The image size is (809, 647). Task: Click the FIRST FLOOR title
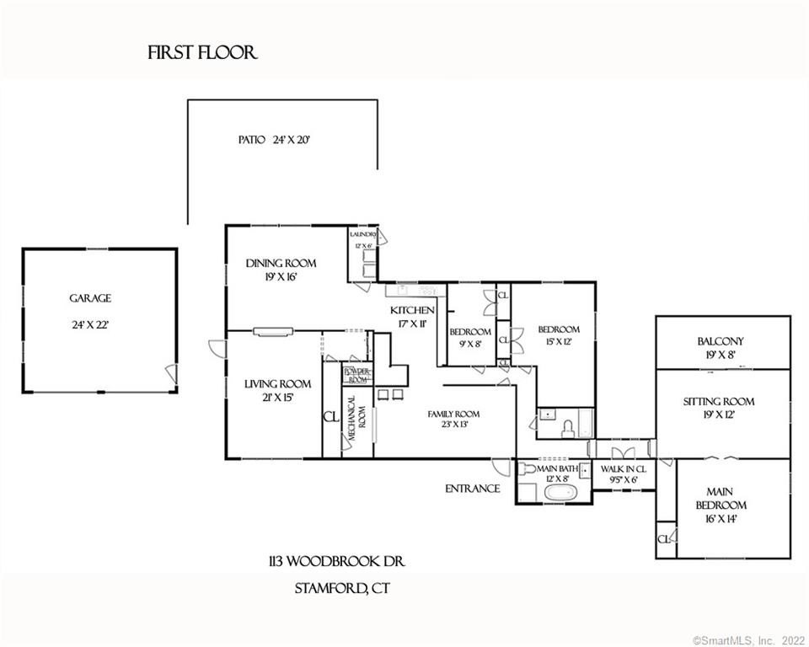(x=202, y=53)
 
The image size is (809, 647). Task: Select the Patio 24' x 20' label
(x=274, y=140)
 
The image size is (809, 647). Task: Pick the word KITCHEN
(x=412, y=311)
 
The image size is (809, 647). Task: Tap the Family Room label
(x=454, y=414)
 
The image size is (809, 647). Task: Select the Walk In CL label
(x=624, y=468)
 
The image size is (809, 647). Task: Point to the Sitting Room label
(x=719, y=402)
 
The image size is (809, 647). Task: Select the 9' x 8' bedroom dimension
(x=464, y=343)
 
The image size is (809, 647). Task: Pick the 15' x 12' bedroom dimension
(x=559, y=341)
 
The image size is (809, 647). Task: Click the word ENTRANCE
(x=473, y=489)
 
